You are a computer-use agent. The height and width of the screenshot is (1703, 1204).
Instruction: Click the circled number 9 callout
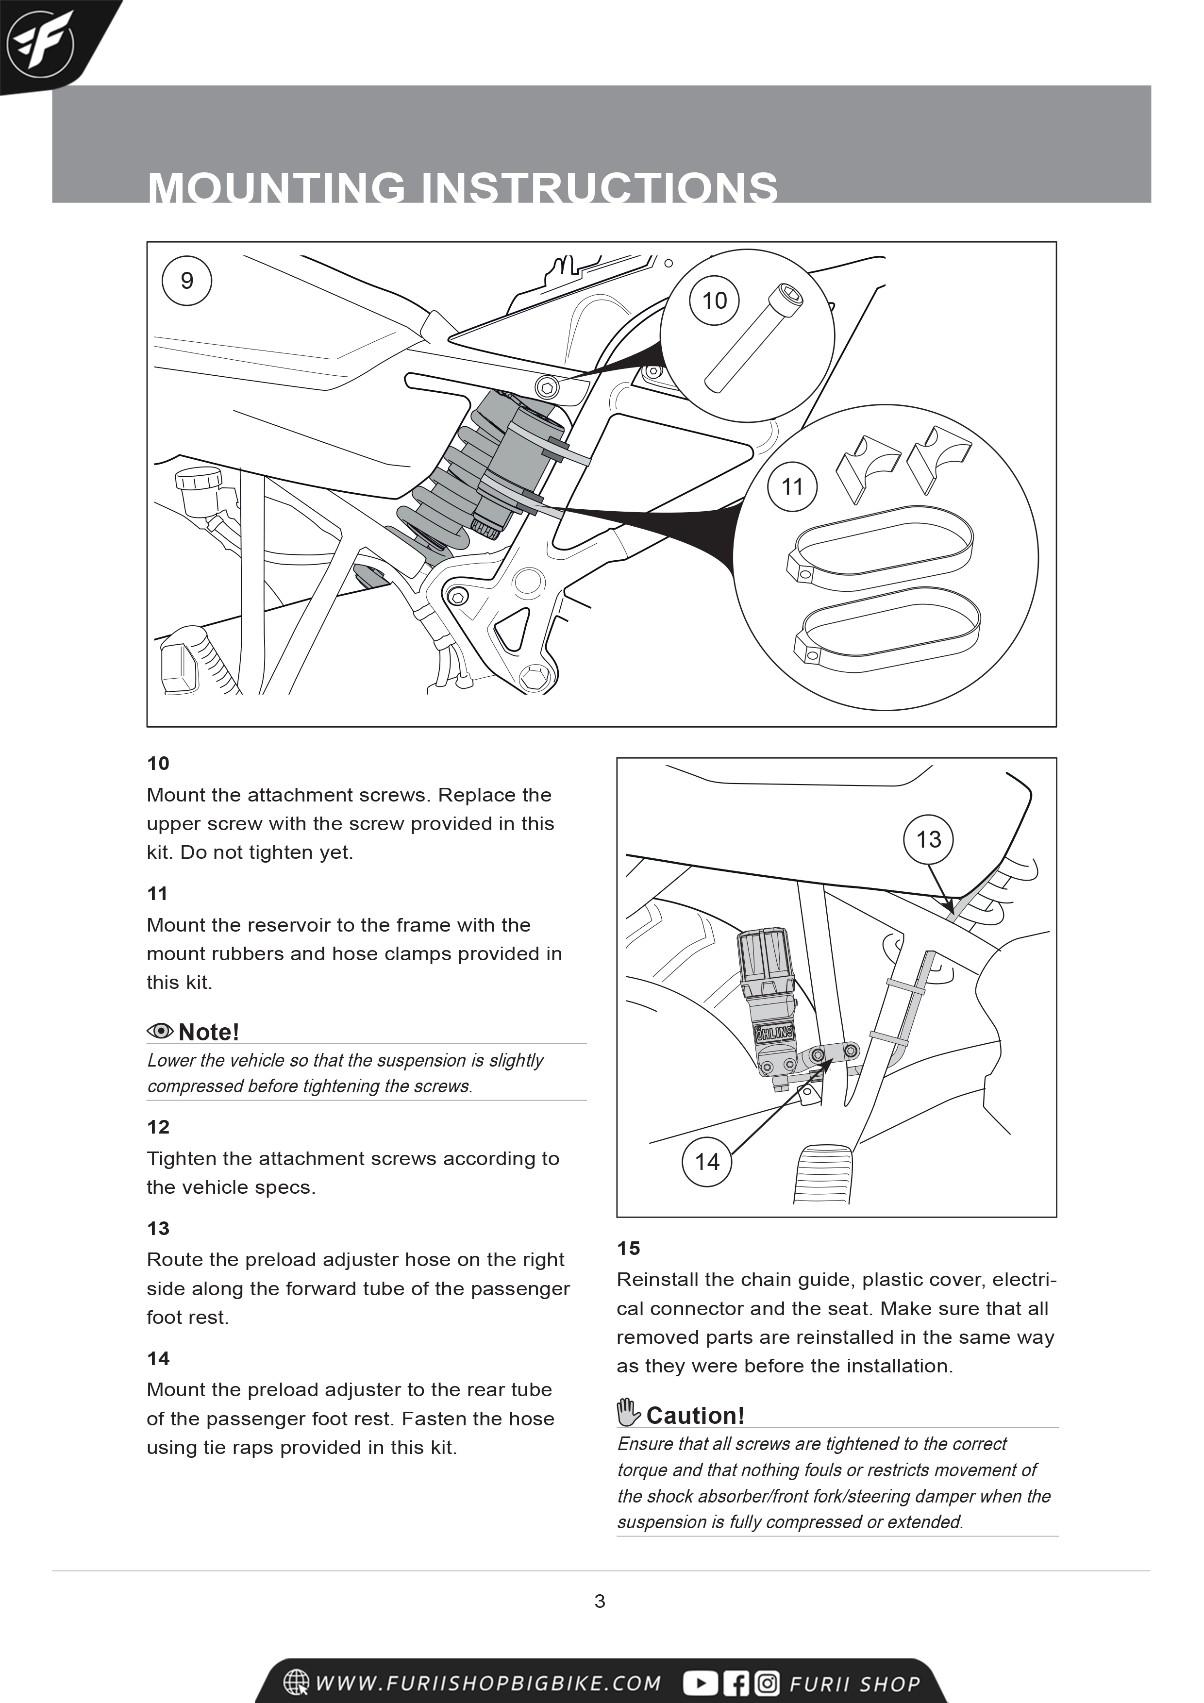tap(187, 281)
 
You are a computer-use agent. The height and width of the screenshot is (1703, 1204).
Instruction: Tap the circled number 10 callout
tap(714, 301)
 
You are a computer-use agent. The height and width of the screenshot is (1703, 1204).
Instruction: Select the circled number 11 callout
tap(792, 486)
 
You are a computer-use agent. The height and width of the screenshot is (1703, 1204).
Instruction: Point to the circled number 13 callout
tap(928, 840)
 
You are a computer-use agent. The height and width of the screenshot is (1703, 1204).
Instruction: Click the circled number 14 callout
tap(707, 1162)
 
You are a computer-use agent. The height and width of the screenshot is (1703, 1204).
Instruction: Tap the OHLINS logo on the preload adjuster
tap(774, 1033)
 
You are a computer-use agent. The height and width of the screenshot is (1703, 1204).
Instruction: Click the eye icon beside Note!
tap(160, 1031)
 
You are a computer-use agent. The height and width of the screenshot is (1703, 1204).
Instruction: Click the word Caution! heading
tap(695, 1415)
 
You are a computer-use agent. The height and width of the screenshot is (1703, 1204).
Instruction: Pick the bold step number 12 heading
tap(158, 1127)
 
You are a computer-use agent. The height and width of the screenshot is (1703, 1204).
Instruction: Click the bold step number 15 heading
tap(628, 1248)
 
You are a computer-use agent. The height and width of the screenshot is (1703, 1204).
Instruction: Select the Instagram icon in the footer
tap(767, 1683)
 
